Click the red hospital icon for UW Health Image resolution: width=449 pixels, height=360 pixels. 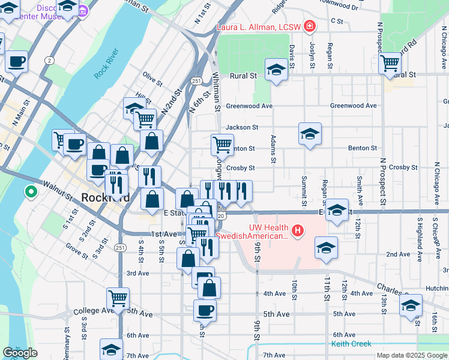point(297,230)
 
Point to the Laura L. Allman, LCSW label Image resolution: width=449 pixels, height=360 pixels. point(258,26)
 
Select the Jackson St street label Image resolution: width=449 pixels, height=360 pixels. point(242,127)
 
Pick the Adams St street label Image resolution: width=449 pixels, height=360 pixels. point(273,149)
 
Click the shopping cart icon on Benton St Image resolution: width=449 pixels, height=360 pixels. point(222,145)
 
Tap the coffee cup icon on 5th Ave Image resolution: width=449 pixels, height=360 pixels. point(205,310)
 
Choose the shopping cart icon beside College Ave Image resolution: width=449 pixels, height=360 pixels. point(118,298)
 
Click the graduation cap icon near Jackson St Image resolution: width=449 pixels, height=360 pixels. point(310,134)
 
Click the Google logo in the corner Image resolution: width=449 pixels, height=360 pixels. point(20,352)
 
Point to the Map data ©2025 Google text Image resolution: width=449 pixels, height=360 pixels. point(411,355)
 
